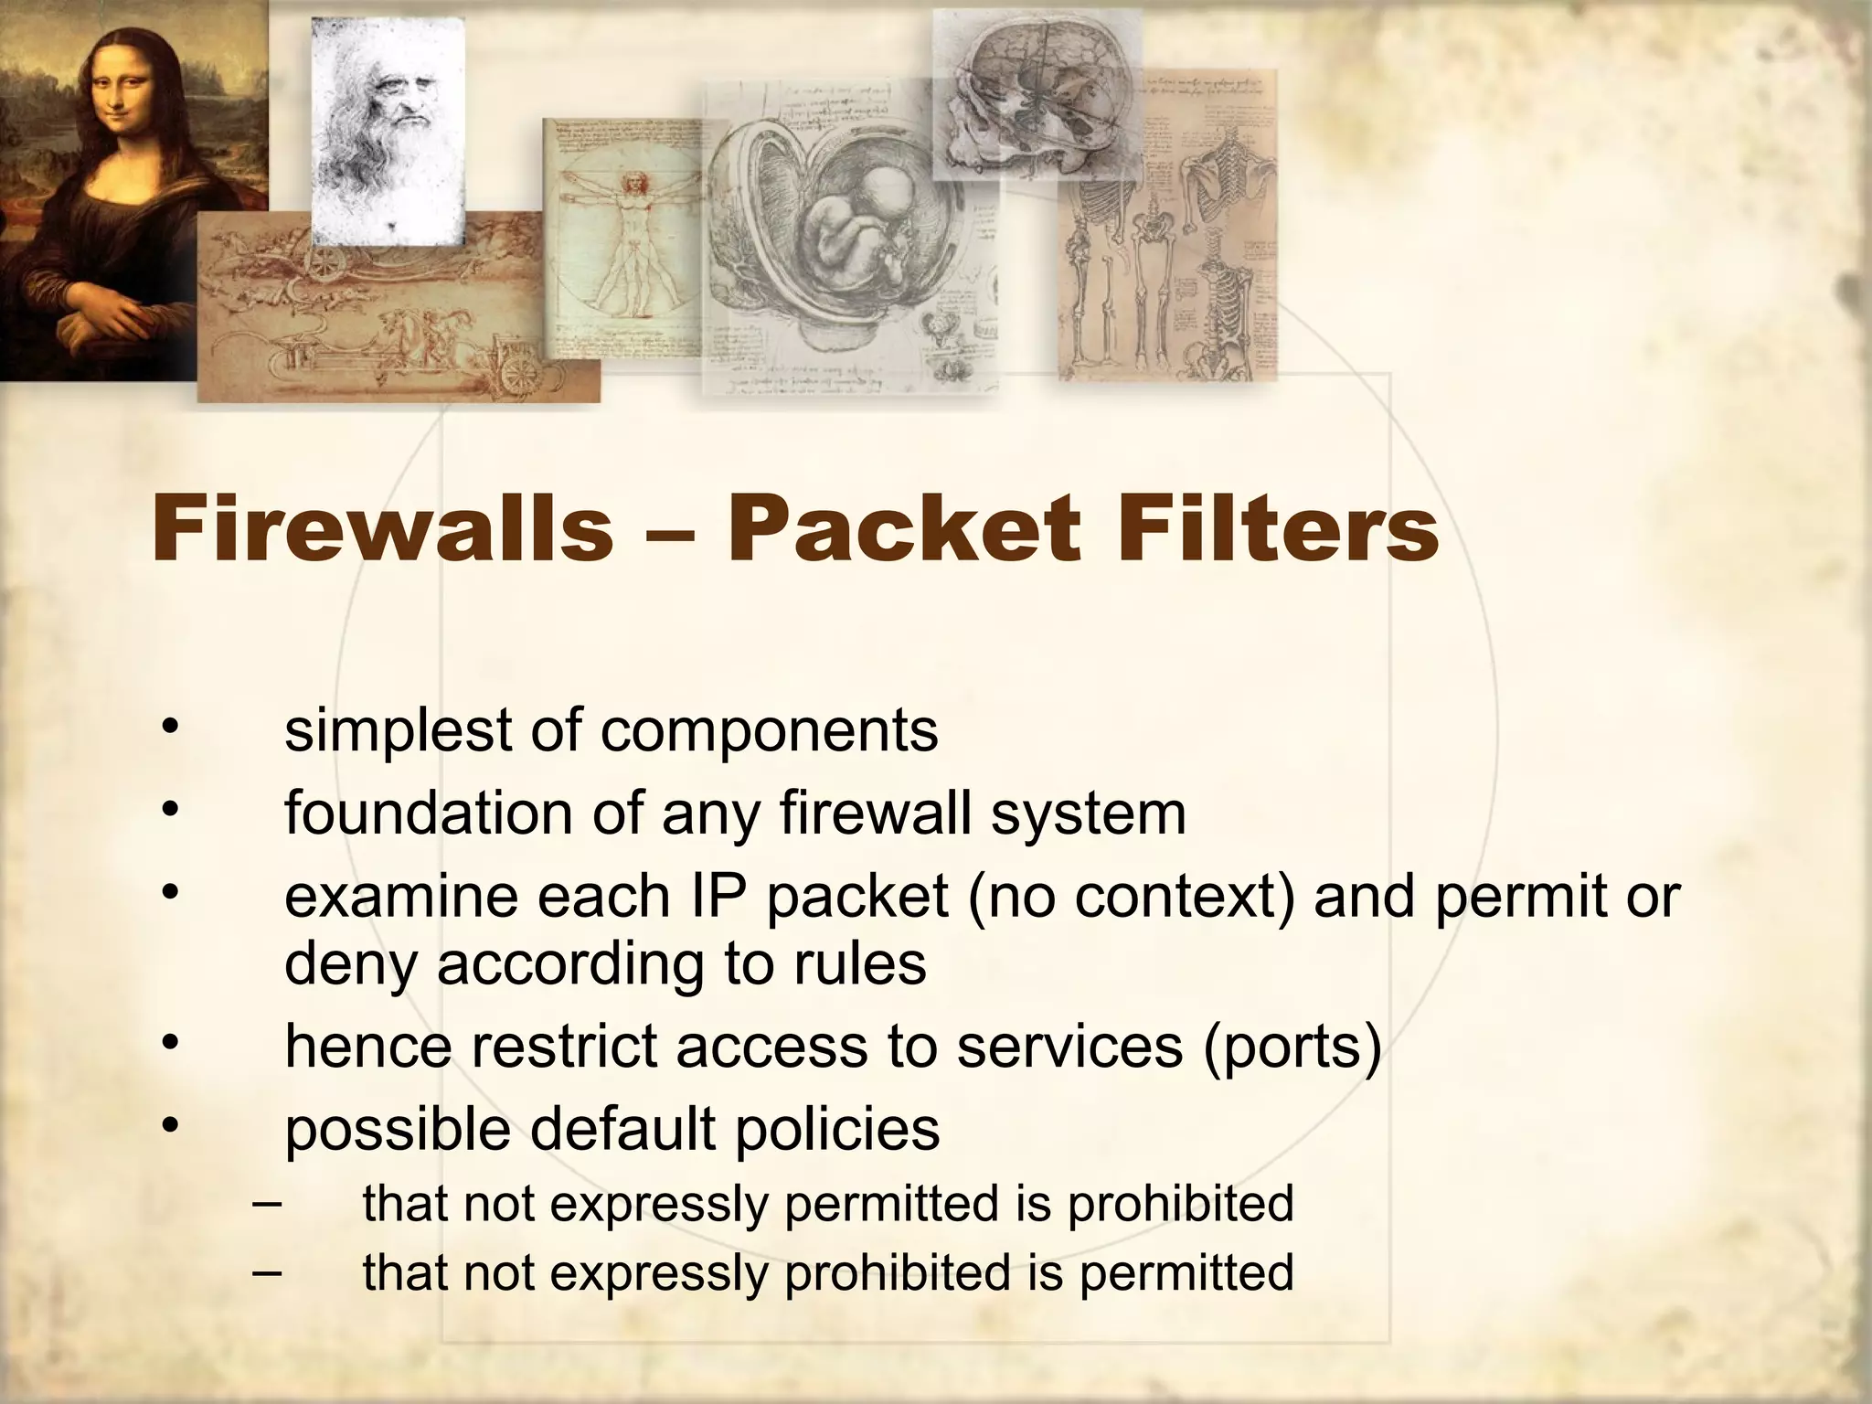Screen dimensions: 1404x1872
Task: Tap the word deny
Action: click(x=350, y=964)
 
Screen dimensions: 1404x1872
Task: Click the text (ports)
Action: click(x=1292, y=1047)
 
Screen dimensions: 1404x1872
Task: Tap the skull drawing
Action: click(x=1033, y=91)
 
